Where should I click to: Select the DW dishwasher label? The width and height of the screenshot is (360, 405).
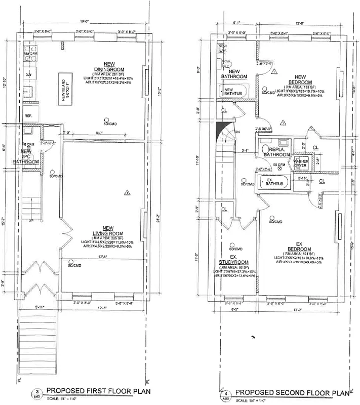[x=29, y=74]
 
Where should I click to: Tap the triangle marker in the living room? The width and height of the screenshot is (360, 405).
[x=127, y=192]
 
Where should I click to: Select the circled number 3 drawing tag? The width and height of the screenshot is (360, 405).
[x=36, y=392]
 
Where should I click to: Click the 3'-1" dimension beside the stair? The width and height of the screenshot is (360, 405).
[x=245, y=150]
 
